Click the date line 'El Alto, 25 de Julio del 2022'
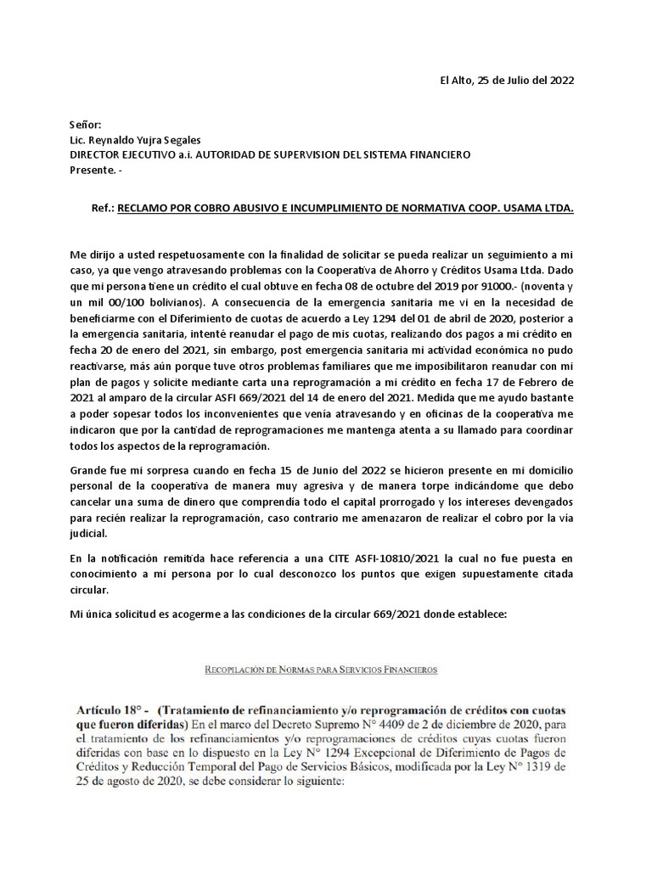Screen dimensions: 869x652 [x=506, y=81]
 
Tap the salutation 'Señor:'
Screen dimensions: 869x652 [x=85, y=125]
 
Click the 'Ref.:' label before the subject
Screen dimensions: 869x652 [x=102, y=206]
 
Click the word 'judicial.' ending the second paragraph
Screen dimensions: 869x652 [x=92, y=535]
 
